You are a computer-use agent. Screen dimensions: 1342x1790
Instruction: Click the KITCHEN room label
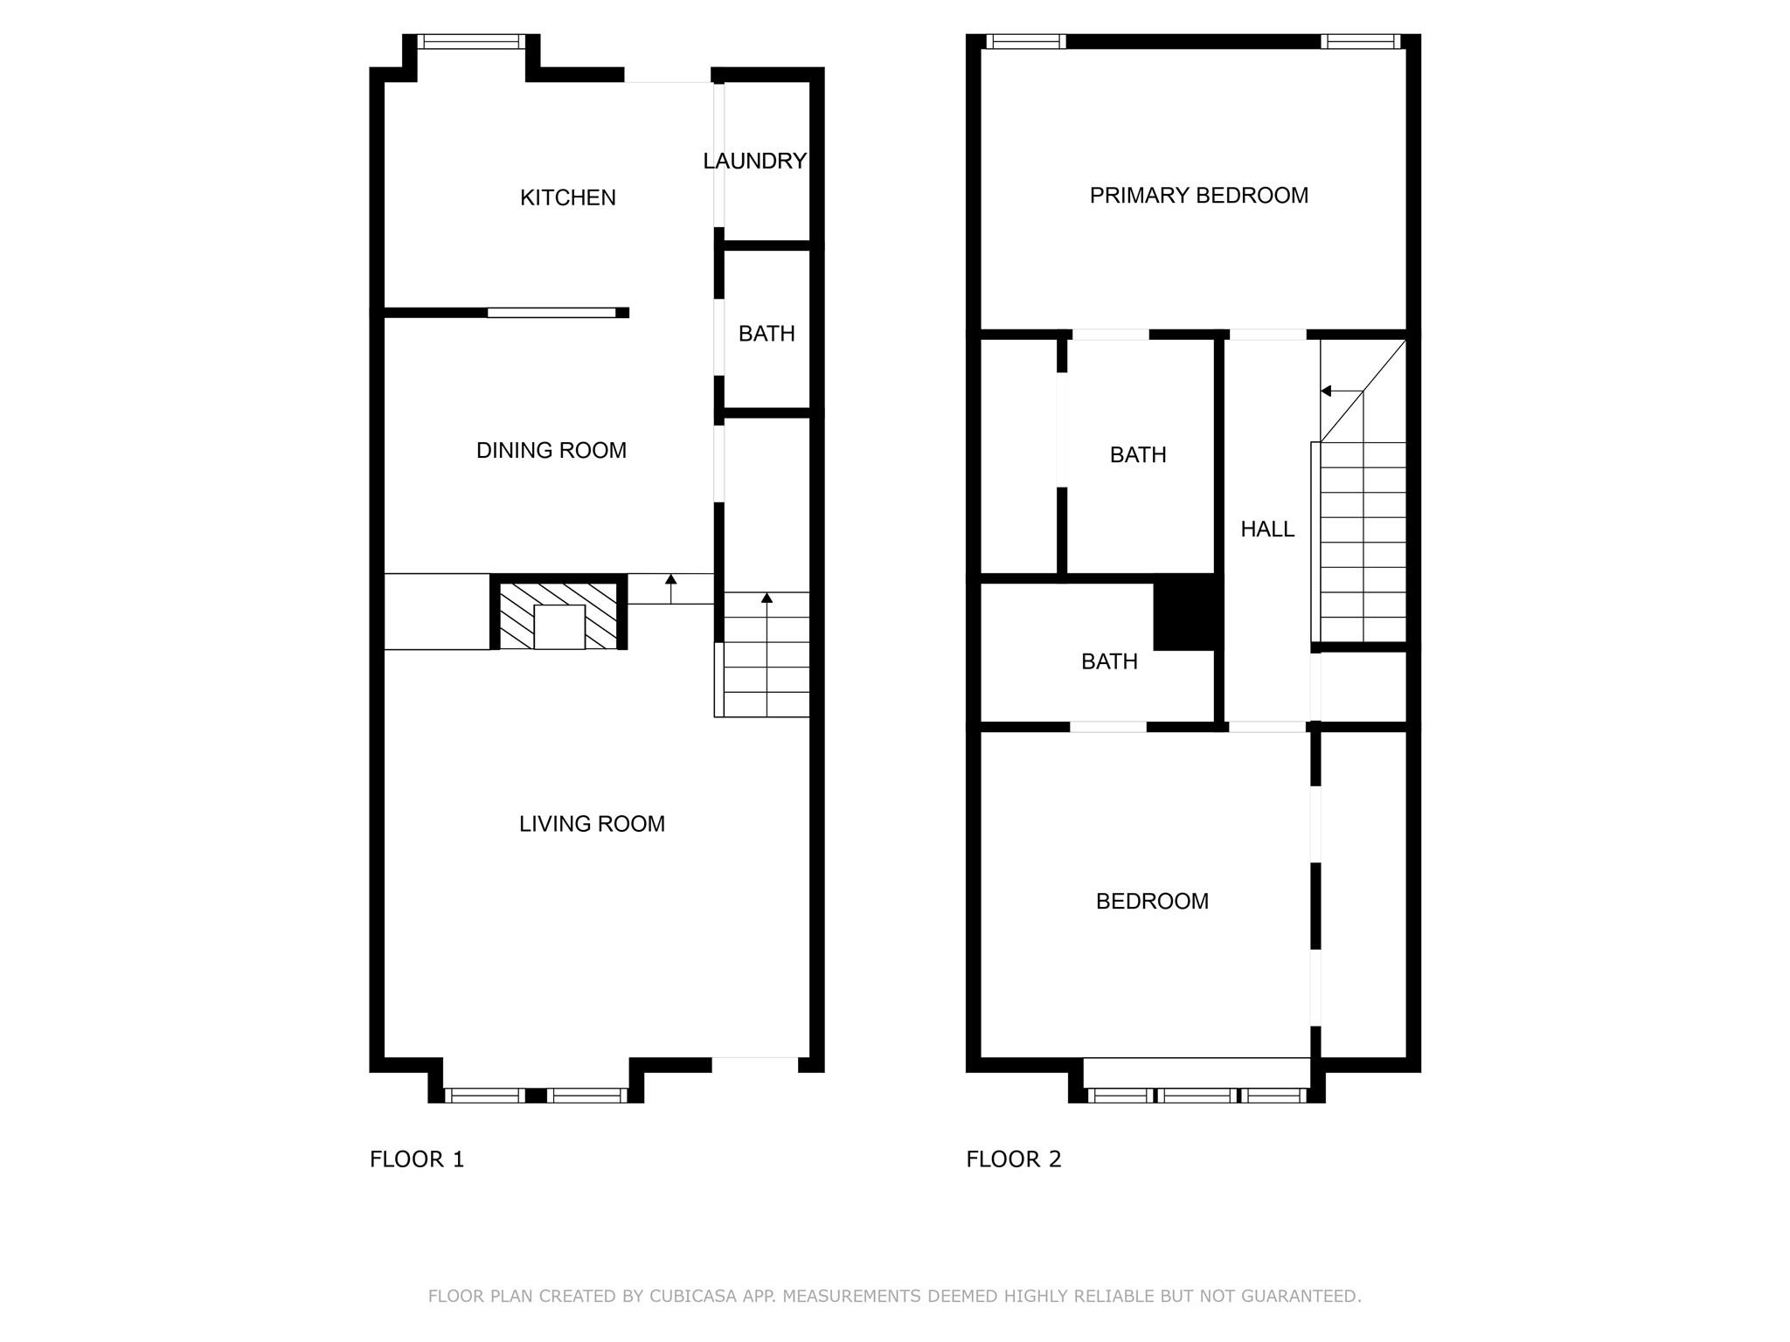pyautogui.click(x=567, y=197)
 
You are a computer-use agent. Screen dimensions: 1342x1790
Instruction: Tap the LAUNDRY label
pyautogui.click(x=754, y=161)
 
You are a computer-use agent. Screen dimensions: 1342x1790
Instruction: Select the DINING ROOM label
pyautogui.click(x=551, y=450)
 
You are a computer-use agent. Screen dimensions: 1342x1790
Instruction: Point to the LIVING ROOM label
pyautogui.click(x=592, y=824)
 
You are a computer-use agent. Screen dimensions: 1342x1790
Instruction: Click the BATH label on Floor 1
pyautogui.click(x=767, y=334)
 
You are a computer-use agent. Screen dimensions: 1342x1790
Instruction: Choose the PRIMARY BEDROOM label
pyautogui.click(x=1198, y=196)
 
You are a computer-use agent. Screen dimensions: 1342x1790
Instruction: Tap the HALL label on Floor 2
pyautogui.click(x=1267, y=529)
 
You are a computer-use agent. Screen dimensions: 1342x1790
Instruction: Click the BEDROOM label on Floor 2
pyautogui.click(x=1152, y=901)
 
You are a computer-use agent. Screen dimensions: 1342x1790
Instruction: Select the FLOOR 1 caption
pyautogui.click(x=417, y=1159)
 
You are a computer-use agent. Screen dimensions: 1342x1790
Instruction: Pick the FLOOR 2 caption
pyautogui.click(x=1013, y=1159)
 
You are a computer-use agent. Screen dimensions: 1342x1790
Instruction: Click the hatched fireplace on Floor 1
pyautogui.click(x=559, y=616)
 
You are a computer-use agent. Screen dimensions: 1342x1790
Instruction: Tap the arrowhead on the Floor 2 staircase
pyautogui.click(x=1326, y=391)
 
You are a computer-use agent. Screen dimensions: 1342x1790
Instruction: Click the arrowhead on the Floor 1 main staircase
pyautogui.click(x=767, y=598)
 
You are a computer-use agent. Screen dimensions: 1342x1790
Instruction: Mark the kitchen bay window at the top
pyautogui.click(x=471, y=41)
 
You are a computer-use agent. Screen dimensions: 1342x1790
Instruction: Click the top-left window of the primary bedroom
pyautogui.click(x=1025, y=41)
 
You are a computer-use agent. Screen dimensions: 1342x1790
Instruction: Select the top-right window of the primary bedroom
pyautogui.click(x=1359, y=41)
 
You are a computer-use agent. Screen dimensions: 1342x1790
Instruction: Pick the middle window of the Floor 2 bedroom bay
pyautogui.click(x=1197, y=1095)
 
